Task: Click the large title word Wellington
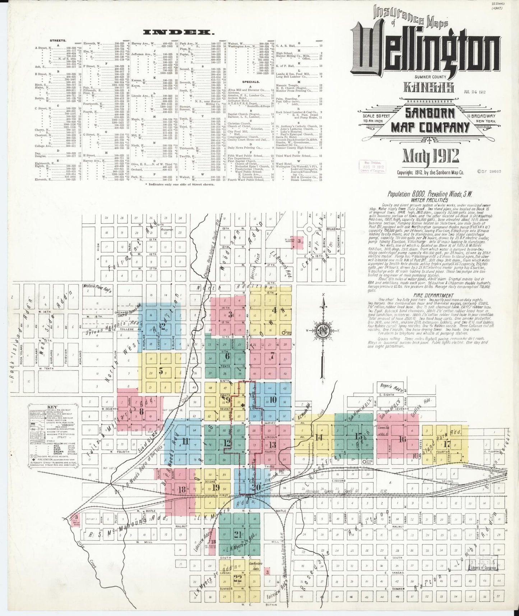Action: tap(425, 50)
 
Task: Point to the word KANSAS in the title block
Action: tap(424, 87)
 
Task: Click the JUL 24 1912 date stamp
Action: tap(474, 92)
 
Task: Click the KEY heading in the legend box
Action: tap(52, 408)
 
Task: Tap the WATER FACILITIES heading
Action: tap(430, 200)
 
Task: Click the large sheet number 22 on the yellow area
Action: tap(237, 578)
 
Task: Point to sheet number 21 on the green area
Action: tap(237, 534)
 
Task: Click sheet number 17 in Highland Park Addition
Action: tap(446, 443)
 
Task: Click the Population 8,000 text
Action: tap(429, 194)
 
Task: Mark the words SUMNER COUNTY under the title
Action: tap(431, 77)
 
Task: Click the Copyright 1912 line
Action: tap(430, 173)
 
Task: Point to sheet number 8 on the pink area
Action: tap(141, 411)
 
